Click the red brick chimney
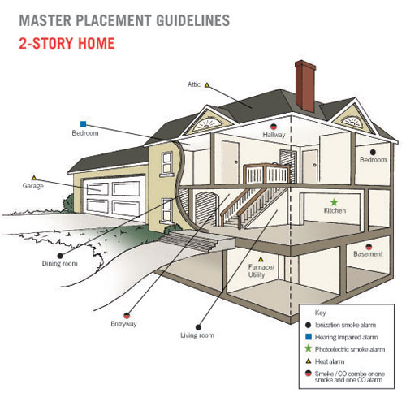coord(305,86)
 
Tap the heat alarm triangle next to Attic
coord(207,85)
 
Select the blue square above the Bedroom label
coord(84,124)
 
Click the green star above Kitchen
coord(335,202)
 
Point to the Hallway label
coord(274,135)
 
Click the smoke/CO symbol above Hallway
coord(274,127)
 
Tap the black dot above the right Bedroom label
coord(373,152)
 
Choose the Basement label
coord(368,254)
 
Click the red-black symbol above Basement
coord(369,247)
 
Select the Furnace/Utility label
coord(261,271)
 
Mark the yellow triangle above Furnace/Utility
coord(261,259)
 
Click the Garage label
coord(33,186)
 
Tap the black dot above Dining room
coord(60,256)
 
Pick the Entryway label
coord(123,324)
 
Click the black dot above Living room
coord(198,327)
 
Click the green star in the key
coord(308,348)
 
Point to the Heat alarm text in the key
coord(330,361)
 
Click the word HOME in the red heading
coord(97,43)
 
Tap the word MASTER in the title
coord(45,20)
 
